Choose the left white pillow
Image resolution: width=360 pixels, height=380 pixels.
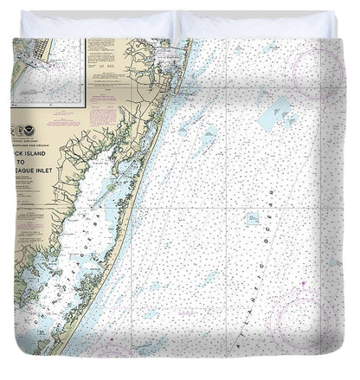pos(95,23)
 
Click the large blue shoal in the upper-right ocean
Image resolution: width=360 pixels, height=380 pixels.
pos(274,110)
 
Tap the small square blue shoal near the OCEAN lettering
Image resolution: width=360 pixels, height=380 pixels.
pos(252,220)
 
